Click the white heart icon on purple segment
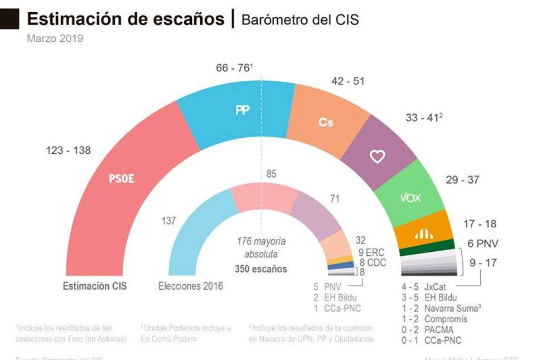coord(378,157)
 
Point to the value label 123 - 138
coord(68,150)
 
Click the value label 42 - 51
coord(347,81)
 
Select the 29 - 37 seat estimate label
coord(462,180)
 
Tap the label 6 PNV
coord(483,243)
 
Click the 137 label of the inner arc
coord(168,221)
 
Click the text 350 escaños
coord(261,269)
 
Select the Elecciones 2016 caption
coord(190,286)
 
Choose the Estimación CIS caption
coord(95,286)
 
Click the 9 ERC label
coord(371,252)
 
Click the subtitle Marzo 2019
coord(55,39)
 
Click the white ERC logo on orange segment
coord(424,235)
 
